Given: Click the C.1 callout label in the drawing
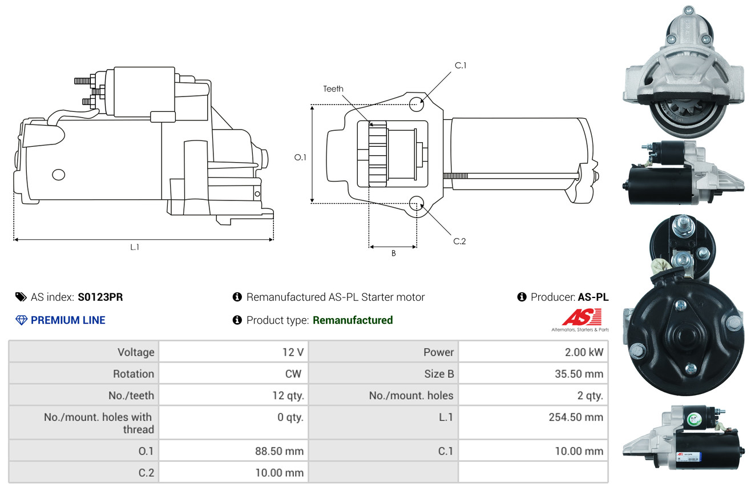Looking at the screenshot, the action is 461,66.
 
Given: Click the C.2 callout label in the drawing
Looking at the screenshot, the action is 459,241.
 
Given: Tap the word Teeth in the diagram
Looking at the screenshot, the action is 333,89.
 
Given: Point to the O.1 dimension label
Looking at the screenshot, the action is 300,158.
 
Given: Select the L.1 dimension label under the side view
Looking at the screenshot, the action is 135,247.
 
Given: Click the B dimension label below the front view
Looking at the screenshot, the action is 394,253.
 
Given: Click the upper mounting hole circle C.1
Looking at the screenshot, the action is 417,104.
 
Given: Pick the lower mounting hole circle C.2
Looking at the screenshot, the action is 417,203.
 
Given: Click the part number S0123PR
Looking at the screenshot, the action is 100,297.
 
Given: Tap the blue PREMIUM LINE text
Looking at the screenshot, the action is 68,320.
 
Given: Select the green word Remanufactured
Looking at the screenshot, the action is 353,320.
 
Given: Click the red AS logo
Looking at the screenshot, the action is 582,317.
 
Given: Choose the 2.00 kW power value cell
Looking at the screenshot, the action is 533,352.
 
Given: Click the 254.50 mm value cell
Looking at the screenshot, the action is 533,422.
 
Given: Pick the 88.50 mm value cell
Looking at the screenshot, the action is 233,450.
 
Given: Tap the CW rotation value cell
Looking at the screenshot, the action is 233,373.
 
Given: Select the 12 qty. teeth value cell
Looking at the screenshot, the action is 233,395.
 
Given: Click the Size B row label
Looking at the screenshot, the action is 439,373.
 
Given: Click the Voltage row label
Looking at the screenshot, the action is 136,352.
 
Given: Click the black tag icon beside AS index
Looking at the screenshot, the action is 21,297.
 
